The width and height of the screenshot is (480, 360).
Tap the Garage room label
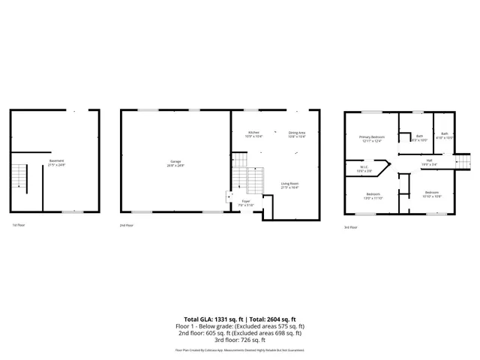175,163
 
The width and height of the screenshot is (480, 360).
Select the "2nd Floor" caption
127,225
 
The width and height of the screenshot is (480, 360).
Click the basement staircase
19,178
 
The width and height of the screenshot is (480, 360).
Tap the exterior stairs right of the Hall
462,161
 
